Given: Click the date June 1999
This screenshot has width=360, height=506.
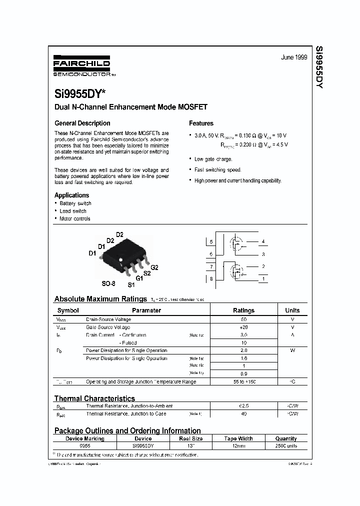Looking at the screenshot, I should (293, 57).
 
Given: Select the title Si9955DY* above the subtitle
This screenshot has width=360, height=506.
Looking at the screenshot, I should (76, 93).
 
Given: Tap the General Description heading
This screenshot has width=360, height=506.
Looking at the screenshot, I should (82, 123).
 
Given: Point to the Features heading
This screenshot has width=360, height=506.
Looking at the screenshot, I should (201, 123).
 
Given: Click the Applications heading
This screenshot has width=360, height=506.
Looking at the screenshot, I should (71, 195).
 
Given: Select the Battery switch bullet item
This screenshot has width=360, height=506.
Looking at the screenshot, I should (75, 203).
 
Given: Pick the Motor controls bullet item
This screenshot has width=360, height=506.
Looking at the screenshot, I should (75, 218).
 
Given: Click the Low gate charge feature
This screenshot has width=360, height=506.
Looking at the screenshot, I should (213, 159).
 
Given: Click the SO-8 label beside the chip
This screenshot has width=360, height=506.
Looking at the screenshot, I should (108, 283).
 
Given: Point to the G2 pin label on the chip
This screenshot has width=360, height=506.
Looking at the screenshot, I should (154, 267).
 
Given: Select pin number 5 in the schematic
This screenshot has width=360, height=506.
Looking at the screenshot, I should (211, 242).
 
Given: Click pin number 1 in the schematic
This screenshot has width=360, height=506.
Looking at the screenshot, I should (263, 278).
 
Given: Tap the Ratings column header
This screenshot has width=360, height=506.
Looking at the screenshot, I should (243, 310).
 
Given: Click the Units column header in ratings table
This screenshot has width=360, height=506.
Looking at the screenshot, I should (292, 310).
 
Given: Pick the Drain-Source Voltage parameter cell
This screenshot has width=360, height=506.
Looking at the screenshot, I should (108, 319).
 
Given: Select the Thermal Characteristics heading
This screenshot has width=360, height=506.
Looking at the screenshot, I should (94, 398).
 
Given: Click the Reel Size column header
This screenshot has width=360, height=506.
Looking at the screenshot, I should (189, 438).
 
